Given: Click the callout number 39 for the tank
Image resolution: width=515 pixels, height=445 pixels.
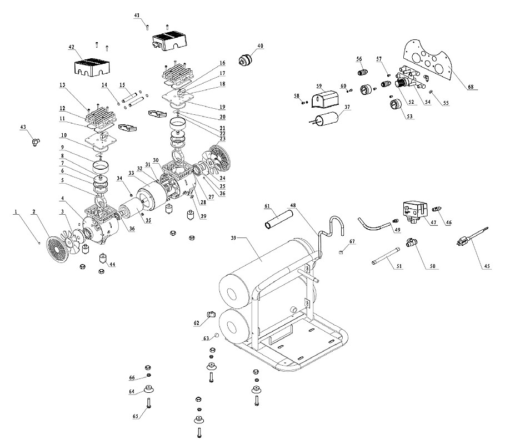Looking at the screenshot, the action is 233,237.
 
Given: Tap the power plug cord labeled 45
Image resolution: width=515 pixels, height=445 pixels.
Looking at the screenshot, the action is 473,236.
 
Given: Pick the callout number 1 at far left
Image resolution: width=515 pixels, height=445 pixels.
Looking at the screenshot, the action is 15,212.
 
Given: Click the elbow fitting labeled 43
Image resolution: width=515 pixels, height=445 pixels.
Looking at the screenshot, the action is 35,141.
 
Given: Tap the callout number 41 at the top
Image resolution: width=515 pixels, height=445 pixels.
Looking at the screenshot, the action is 137,16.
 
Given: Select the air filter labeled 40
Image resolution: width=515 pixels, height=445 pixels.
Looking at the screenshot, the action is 244,60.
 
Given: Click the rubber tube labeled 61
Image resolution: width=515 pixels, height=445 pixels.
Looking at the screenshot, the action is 278,220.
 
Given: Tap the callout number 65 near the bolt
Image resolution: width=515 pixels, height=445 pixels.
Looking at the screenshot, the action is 136,416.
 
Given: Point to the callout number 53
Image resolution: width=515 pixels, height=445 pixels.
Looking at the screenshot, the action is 409,117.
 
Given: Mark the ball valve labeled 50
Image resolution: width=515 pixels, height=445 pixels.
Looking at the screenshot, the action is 412,242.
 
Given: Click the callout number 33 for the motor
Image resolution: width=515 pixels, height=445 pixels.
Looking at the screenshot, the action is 131,173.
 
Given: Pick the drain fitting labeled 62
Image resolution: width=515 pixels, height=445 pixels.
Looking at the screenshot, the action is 211,315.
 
